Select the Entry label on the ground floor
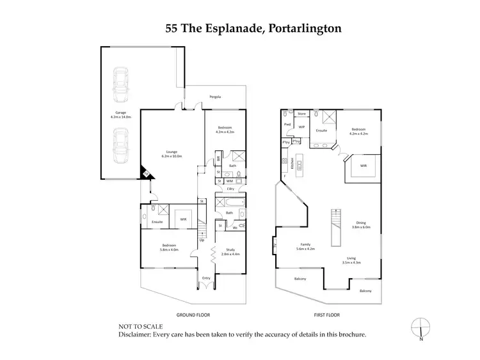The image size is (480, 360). (206, 278)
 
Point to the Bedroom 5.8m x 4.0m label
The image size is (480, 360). (170, 247)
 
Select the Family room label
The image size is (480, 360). (307, 247)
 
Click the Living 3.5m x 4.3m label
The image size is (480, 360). (351, 260)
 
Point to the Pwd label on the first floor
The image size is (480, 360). (288, 124)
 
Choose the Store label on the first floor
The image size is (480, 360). (302, 114)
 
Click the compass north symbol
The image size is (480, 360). (420, 325)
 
